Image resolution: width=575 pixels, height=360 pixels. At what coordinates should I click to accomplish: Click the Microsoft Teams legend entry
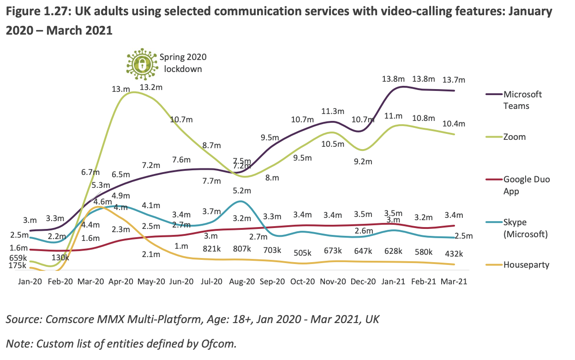522,100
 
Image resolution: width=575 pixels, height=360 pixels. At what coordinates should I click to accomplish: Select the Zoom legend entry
515,137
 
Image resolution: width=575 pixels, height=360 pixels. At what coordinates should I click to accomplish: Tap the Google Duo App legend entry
527,185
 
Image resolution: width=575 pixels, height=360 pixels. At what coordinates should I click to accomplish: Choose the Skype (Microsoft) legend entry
525,228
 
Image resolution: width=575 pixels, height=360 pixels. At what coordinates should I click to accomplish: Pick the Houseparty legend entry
526,265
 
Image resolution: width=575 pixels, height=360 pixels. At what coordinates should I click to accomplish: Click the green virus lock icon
142,62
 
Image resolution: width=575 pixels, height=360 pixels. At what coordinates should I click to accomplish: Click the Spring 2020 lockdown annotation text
183,63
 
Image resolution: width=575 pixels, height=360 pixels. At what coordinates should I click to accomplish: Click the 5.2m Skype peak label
242,191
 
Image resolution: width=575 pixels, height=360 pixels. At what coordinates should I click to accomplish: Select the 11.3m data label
332,111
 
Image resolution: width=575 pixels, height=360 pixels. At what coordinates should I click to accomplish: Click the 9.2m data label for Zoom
362,162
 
